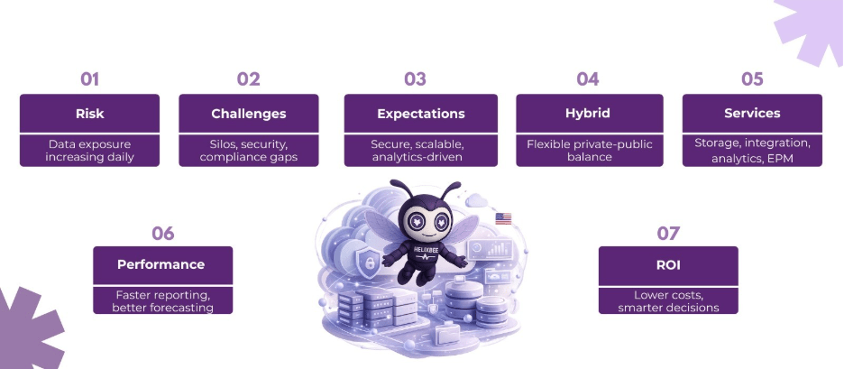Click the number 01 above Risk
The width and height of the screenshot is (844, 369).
(90, 79)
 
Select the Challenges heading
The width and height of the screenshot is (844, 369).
(249, 114)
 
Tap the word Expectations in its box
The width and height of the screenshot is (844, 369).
(421, 115)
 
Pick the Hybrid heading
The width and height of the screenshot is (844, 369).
(588, 114)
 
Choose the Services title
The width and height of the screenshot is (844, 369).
(752, 113)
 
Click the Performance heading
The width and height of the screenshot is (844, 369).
(161, 264)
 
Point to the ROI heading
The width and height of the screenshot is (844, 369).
(668, 265)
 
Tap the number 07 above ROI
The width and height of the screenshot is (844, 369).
(668, 234)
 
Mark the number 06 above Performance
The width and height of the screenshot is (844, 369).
(162, 234)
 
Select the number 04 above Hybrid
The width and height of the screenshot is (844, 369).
(588, 79)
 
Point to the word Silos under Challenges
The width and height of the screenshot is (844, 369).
(223, 144)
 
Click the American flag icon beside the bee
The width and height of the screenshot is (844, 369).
(503, 218)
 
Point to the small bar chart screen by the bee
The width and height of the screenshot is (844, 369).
(490, 249)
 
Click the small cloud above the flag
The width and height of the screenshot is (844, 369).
(476, 200)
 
